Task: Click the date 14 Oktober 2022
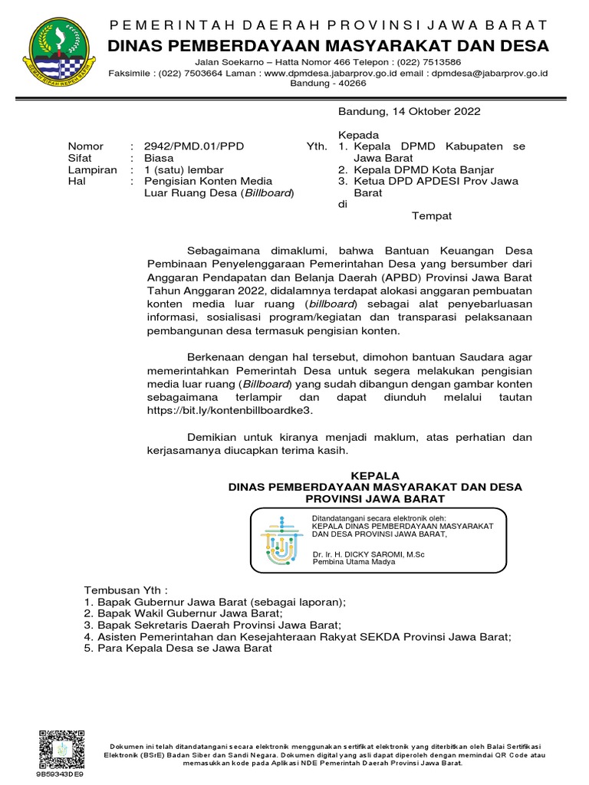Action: [x=436, y=111]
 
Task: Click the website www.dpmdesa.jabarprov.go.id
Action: [x=321, y=73]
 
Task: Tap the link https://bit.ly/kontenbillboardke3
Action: [x=229, y=410]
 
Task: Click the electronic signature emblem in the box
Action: [x=282, y=540]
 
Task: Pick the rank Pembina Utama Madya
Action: [x=354, y=561]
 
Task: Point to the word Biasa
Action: [x=159, y=157]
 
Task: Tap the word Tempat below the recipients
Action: [x=432, y=215]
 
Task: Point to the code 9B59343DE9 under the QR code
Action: [x=60, y=774]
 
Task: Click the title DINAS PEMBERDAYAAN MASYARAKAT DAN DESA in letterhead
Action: [x=328, y=46]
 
